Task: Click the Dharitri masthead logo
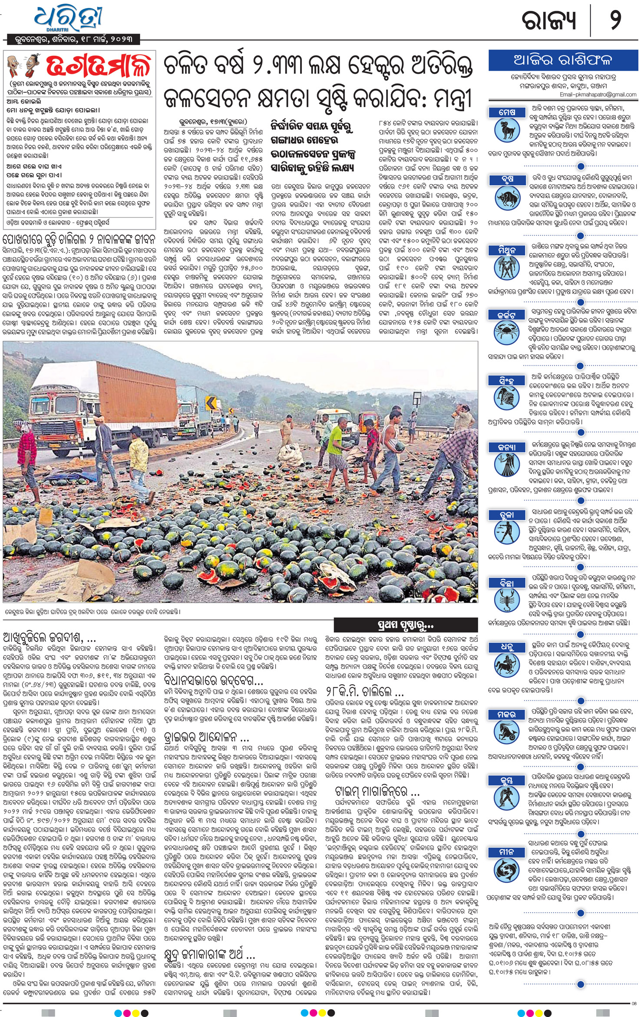pyautogui.click(x=69, y=20)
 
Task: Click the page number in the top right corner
pyautogui.click(x=616, y=20)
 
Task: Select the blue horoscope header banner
pyautogui.click(x=563, y=60)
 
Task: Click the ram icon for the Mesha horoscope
pyautogui.click(x=507, y=130)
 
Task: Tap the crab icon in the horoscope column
pyautogui.click(x=507, y=333)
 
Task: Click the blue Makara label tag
pyautogui.click(x=506, y=715)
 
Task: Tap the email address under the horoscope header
pyautogui.click(x=598, y=94)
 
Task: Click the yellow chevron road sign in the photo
pyautogui.click(x=211, y=403)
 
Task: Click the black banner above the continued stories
pyautogui.click(x=406, y=625)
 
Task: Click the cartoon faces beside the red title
pyautogui.click(x=23, y=66)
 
